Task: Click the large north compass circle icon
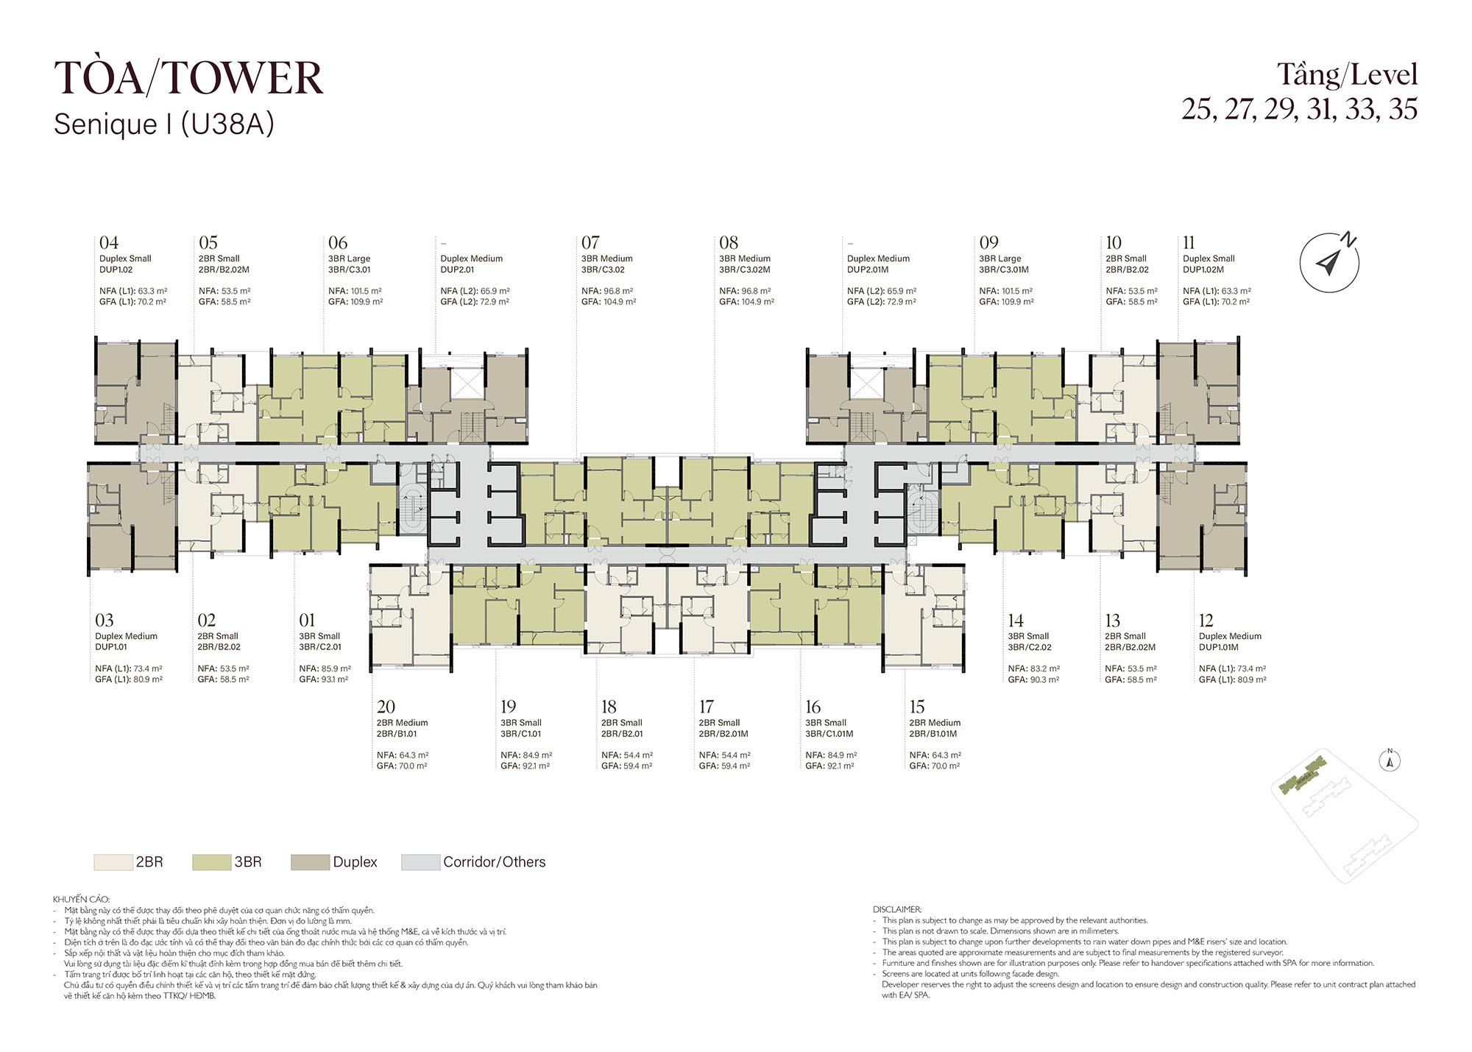point(1328,263)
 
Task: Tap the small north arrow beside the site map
point(1390,760)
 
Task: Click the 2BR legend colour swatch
point(113,862)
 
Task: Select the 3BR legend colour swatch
point(211,862)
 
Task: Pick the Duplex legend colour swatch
point(310,862)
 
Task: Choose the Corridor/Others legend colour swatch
point(420,862)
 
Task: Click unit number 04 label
point(109,242)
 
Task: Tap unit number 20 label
point(386,707)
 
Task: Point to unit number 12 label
point(1206,621)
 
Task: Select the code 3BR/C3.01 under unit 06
point(350,269)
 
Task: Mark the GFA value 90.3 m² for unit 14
point(1043,679)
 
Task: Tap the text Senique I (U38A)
point(163,124)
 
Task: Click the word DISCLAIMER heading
point(897,910)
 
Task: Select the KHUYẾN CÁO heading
point(81,899)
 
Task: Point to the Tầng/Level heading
point(1347,75)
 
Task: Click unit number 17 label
point(707,707)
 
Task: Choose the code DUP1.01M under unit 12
point(1219,647)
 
